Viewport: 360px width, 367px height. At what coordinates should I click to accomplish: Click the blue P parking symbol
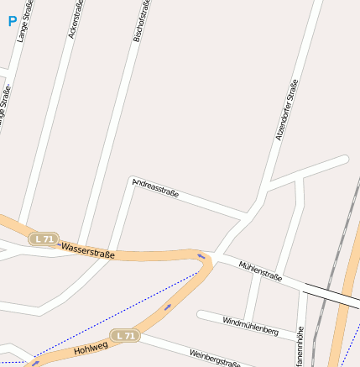[13, 21]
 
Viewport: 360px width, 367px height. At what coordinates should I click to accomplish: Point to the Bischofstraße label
[143, 20]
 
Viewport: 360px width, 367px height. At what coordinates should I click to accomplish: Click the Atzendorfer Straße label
[287, 110]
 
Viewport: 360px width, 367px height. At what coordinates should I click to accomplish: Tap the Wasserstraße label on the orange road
[88, 249]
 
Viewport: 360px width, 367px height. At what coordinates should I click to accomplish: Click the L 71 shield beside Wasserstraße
[44, 239]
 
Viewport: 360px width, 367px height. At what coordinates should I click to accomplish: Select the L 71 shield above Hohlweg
[126, 336]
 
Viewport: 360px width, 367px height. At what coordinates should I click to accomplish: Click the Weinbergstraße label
[215, 359]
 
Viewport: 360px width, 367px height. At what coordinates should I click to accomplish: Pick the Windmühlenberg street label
[250, 326]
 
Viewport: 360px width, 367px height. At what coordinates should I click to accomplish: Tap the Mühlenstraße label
[260, 270]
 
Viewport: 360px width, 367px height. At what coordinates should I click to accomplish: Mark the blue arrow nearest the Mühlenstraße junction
[201, 256]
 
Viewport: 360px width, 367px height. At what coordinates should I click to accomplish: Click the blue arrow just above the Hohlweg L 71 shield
[168, 307]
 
